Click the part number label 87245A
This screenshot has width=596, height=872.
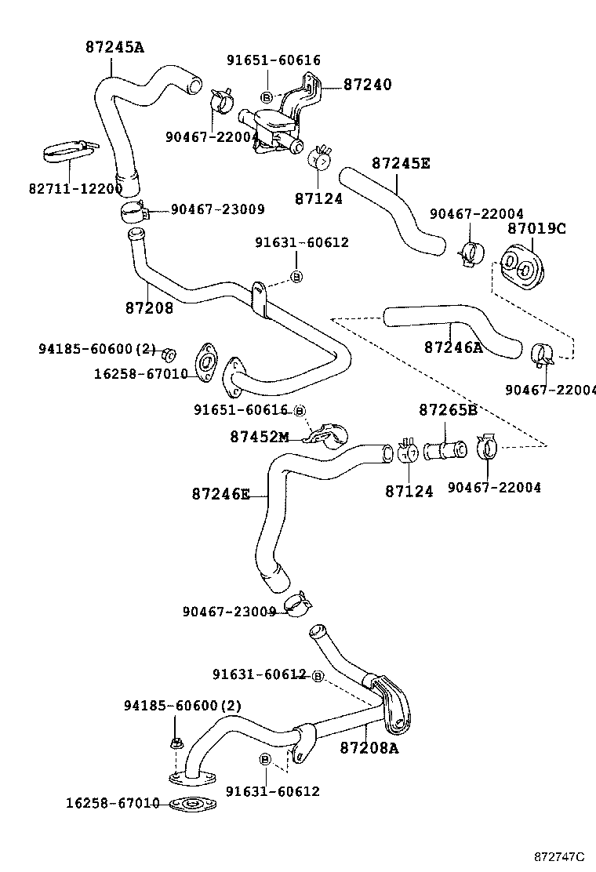114,47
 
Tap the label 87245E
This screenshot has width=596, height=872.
400,164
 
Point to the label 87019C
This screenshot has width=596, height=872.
536,228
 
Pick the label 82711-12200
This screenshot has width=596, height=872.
75,189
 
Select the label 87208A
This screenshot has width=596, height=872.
369,748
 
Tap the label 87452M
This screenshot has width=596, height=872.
260,436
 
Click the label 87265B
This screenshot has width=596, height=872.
448,409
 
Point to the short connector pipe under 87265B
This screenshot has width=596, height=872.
445,452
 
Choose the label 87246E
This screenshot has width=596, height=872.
220,494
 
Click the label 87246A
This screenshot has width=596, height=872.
453,347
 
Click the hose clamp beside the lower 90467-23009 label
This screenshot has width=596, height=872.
297,605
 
